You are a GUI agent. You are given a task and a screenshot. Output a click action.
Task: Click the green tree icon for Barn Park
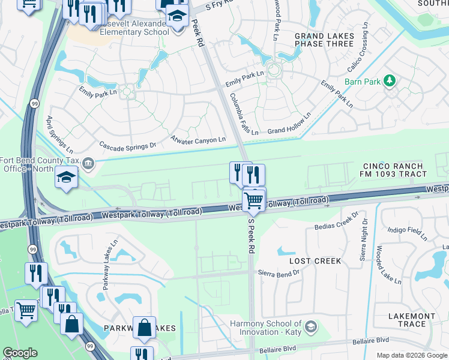coord(390,80)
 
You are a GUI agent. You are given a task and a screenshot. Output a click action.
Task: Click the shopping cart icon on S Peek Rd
coord(254,201)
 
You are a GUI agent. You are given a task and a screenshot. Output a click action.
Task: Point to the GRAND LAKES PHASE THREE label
coord(324,40)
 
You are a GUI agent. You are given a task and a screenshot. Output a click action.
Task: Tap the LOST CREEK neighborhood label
coord(315,261)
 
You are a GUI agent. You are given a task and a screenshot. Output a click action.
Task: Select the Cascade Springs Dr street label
coord(127,145)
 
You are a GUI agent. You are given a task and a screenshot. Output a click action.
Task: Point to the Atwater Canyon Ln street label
coord(198,140)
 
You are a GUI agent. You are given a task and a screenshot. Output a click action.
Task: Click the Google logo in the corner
coord(20,353)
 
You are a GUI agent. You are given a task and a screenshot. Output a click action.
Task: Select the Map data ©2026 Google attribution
coord(411,355)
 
